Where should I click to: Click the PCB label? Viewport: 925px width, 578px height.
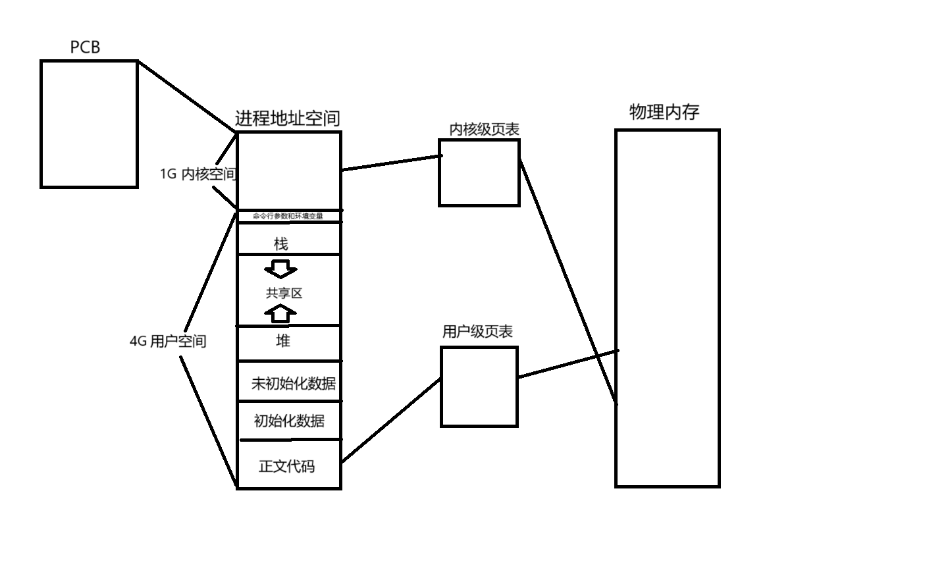click(x=85, y=47)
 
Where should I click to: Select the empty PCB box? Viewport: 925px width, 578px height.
click(x=89, y=124)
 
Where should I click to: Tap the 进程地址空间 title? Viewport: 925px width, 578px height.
click(x=288, y=118)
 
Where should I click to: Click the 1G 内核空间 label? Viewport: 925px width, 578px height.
click(x=198, y=174)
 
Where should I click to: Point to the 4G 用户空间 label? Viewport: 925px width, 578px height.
click(x=168, y=341)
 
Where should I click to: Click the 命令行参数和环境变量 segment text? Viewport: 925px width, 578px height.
click(x=288, y=216)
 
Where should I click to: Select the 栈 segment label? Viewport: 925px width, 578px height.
click(x=281, y=244)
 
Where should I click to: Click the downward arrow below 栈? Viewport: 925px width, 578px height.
click(x=280, y=269)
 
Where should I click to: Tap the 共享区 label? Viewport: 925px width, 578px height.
click(x=284, y=294)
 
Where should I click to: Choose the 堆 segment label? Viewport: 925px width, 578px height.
click(x=282, y=341)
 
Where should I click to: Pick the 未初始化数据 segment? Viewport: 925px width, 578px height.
click(x=293, y=383)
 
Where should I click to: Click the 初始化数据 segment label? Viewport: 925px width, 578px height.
click(x=289, y=421)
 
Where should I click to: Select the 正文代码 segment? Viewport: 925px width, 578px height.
click(x=286, y=466)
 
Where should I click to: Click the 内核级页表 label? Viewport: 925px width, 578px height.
click(x=484, y=130)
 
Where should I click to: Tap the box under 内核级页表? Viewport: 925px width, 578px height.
click(x=479, y=172)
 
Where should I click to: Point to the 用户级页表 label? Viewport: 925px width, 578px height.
click(x=477, y=332)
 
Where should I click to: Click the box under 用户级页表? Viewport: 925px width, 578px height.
click(x=479, y=386)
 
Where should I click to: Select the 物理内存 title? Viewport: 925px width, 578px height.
click(x=664, y=112)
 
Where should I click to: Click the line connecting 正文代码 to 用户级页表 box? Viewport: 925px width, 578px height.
click(x=391, y=419)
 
